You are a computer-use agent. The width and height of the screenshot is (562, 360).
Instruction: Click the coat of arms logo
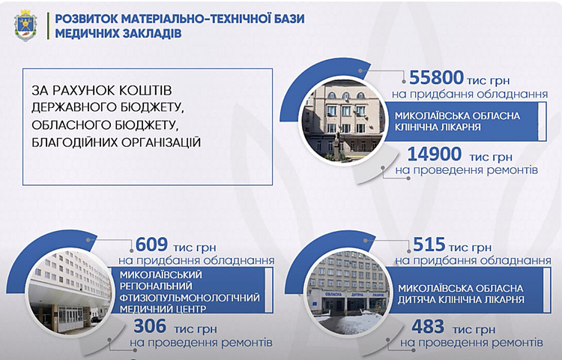point(25,25)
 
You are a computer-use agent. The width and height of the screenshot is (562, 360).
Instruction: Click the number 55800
point(436,77)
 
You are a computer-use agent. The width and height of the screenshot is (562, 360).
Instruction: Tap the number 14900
point(435,154)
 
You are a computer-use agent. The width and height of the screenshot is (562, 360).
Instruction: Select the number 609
point(151,244)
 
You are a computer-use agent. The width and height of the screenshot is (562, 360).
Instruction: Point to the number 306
point(150,326)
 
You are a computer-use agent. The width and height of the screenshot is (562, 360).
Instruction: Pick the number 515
point(429,244)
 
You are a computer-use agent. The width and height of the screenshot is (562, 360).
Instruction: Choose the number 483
point(428,326)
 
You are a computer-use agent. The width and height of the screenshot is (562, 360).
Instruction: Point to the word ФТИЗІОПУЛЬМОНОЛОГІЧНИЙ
point(190,298)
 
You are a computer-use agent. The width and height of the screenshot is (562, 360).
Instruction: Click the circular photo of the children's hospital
point(347,292)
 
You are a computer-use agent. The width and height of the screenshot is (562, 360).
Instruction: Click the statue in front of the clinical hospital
point(337,146)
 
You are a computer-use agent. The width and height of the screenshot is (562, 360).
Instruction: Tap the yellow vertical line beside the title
point(48,25)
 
